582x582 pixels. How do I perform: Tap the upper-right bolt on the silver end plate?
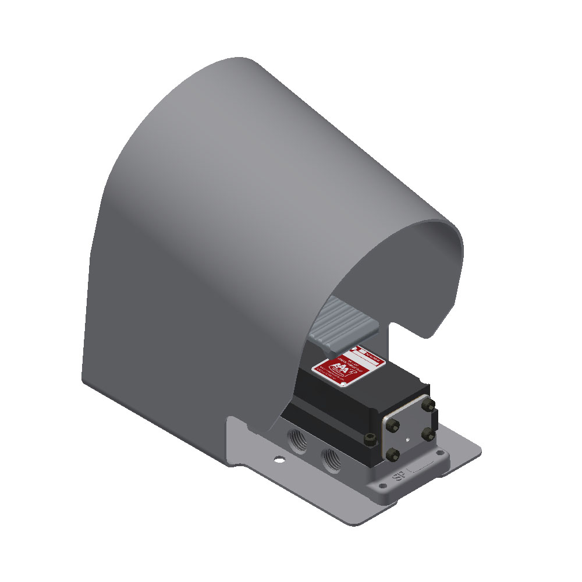click(430, 404)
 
